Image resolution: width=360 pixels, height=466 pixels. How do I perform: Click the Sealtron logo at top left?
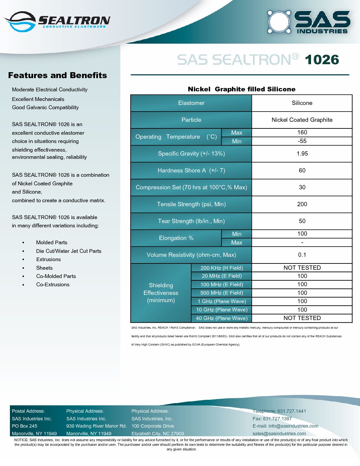click(x=57, y=22)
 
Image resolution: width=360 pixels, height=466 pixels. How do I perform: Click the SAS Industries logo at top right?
click(x=308, y=22)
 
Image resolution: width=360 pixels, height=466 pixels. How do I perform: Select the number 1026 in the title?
click(x=322, y=60)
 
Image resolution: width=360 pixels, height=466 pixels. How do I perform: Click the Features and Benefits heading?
click(x=58, y=75)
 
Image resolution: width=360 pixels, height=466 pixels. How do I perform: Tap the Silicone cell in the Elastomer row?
click(x=302, y=103)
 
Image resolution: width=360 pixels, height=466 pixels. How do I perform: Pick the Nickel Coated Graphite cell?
click(x=302, y=120)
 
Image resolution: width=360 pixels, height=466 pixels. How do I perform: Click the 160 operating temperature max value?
click(x=302, y=132)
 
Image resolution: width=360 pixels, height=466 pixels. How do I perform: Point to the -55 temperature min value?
click(x=302, y=141)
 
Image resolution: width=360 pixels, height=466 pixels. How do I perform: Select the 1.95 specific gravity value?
click(x=302, y=154)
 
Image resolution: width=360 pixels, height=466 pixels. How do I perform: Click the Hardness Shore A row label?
click(x=191, y=170)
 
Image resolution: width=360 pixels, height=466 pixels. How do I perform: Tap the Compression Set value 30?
click(x=302, y=187)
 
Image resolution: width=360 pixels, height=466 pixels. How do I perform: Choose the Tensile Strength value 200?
click(x=302, y=204)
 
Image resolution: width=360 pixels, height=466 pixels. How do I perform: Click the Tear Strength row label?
click(x=191, y=221)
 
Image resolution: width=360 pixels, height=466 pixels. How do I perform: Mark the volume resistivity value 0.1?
click(x=302, y=255)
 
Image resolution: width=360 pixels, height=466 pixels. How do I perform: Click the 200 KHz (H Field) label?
click(x=222, y=268)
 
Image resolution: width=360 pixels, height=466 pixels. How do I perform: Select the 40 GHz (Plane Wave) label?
click(x=222, y=318)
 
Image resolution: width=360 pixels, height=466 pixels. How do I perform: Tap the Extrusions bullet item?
click(x=49, y=259)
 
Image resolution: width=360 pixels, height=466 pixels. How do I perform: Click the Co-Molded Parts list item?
click(x=56, y=276)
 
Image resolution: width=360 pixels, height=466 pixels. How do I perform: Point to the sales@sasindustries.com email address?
click(x=279, y=434)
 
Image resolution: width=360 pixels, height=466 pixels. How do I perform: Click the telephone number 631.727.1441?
click(x=292, y=411)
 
